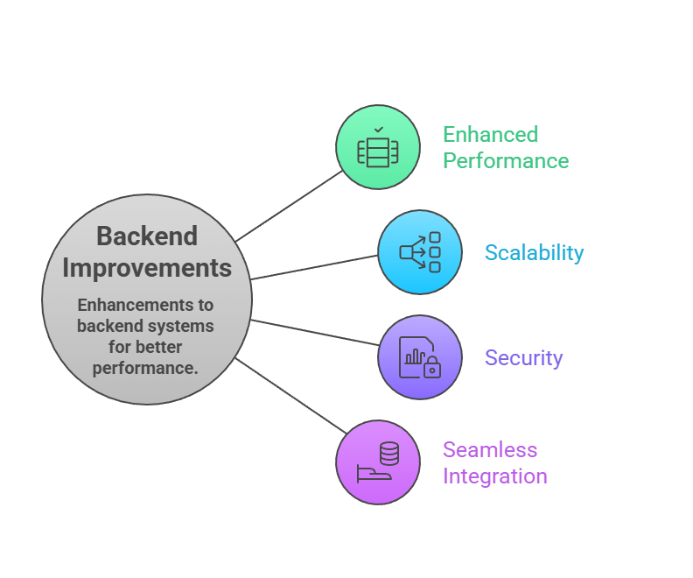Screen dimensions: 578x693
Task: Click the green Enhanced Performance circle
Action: (x=378, y=147)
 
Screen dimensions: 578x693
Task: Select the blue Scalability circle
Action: (x=420, y=252)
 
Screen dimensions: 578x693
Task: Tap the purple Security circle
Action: (x=420, y=357)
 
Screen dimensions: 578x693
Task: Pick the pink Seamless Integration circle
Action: (x=378, y=462)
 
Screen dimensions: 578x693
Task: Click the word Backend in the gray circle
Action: (x=147, y=236)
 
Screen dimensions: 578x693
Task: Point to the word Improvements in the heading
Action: (x=147, y=267)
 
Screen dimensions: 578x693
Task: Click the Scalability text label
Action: (x=534, y=253)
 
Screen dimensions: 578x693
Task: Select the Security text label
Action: (x=523, y=357)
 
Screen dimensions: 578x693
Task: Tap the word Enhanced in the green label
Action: (x=490, y=135)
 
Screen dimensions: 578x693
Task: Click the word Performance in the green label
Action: (x=506, y=161)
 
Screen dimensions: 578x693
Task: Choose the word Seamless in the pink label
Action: (x=489, y=450)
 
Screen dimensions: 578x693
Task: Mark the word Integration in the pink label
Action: (x=494, y=476)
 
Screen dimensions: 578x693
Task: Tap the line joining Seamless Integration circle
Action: (x=289, y=396)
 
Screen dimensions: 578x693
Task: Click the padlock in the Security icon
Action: (x=431, y=370)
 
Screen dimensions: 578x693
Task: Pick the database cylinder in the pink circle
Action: (x=388, y=454)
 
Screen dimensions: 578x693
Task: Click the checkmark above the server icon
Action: (x=378, y=130)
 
